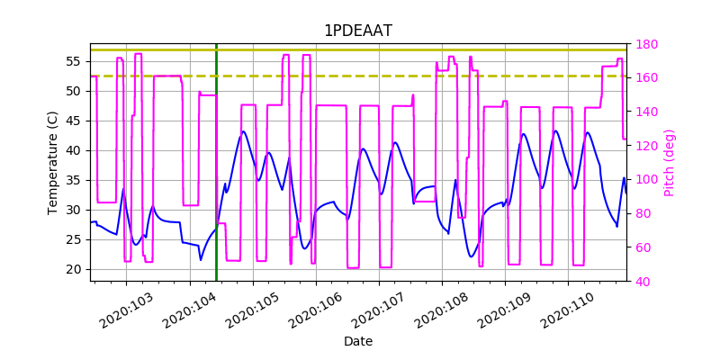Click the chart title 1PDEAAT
[x=358, y=31]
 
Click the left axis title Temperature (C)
[x=53, y=162]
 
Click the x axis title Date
[x=358, y=341]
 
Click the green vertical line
[x=216, y=180]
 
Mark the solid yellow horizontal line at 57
[x=360, y=49]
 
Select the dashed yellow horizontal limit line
[x=360, y=76]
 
